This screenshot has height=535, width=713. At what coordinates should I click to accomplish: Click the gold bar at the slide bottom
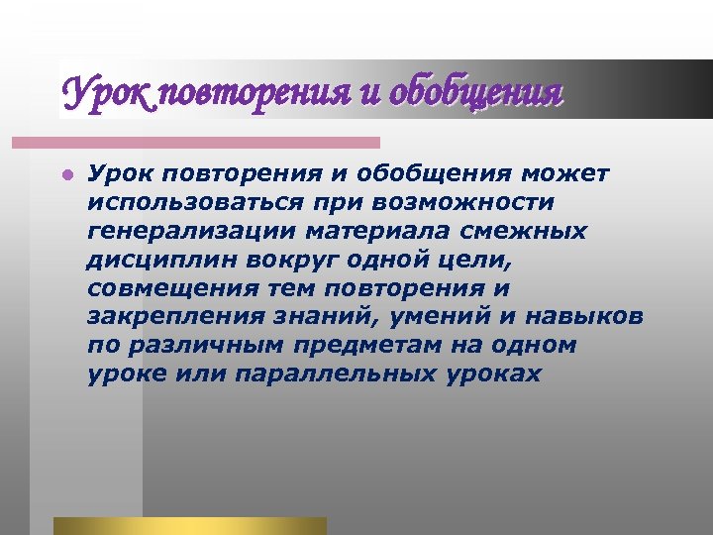coord(189,526)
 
